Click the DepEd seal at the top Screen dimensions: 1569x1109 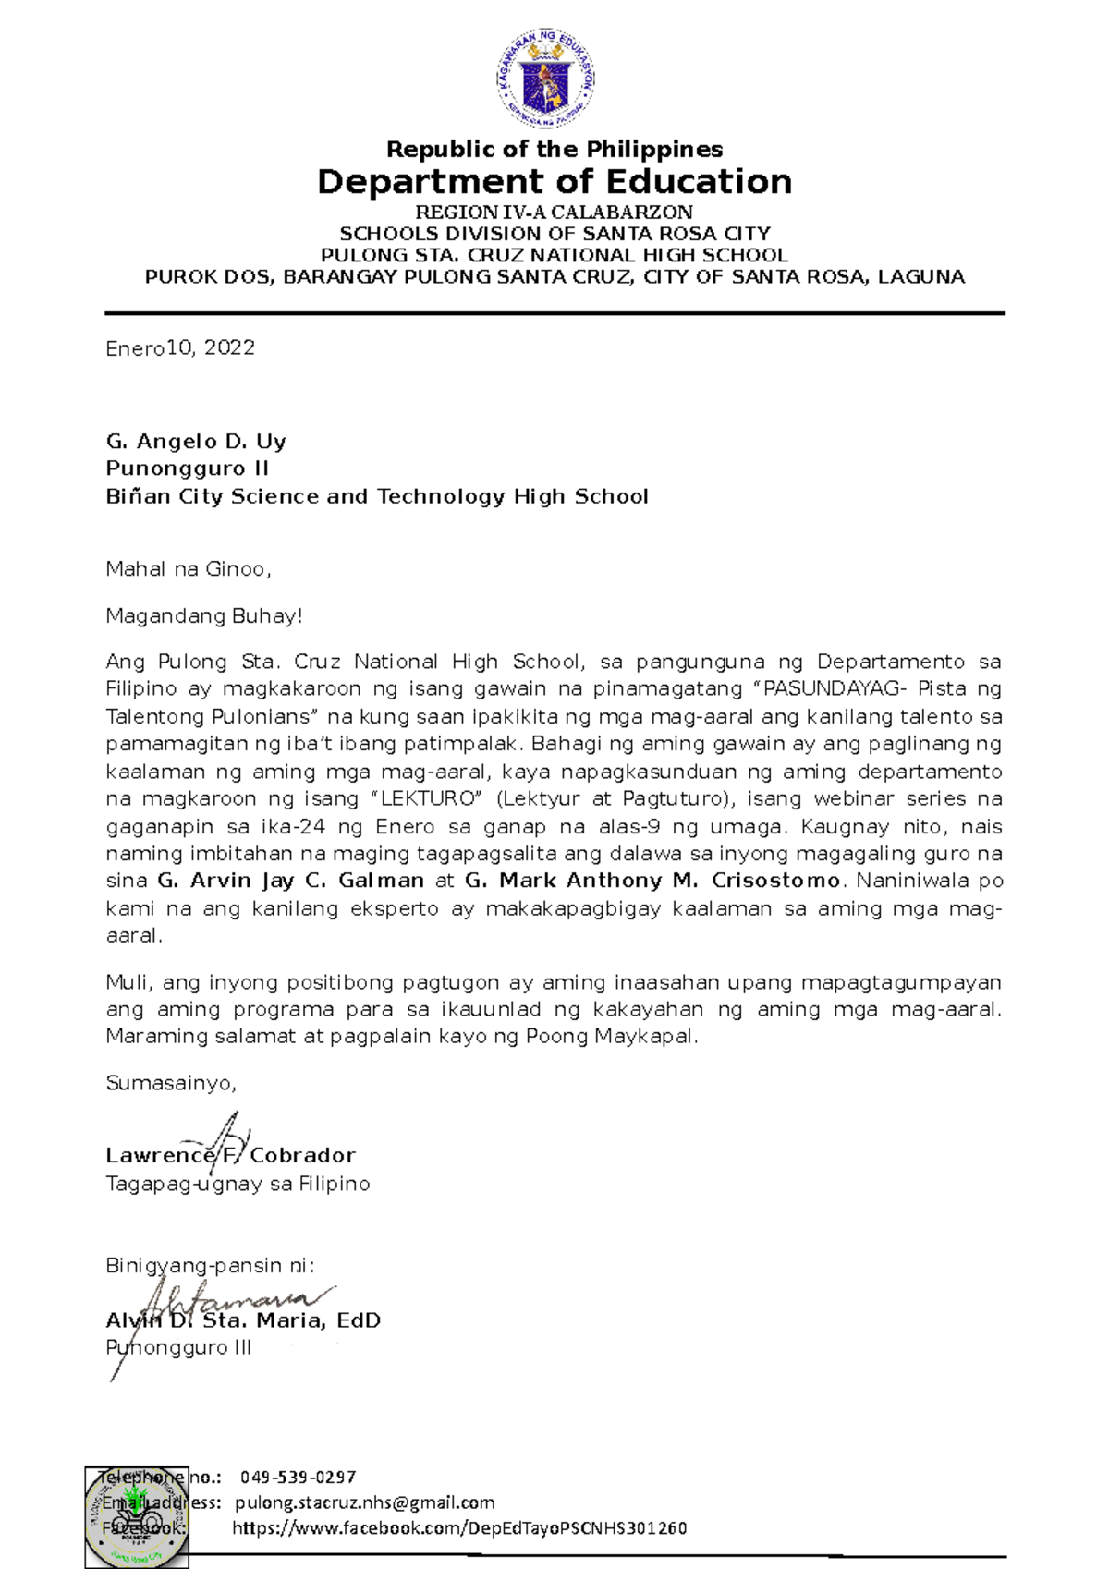pyautogui.click(x=546, y=78)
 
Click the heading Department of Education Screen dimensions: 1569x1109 pyautogui.click(x=554, y=182)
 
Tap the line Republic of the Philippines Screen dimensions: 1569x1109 pyautogui.click(x=554, y=150)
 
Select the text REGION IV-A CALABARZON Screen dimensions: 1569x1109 pyautogui.click(x=554, y=213)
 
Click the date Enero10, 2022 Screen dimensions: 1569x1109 pyautogui.click(x=180, y=348)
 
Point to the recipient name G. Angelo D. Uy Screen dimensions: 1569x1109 pyautogui.click(x=196, y=442)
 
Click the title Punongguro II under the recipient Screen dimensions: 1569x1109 pyautogui.click(x=188, y=468)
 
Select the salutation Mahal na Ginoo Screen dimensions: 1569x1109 pyautogui.click(x=189, y=569)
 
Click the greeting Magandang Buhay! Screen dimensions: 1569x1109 pyautogui.click(x=204, y=616)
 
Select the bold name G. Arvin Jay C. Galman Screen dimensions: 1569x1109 pyautogui.click(x=290, y=881)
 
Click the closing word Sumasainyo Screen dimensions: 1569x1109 pyautogui.click(x=171, y=1083)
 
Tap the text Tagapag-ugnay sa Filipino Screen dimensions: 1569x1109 pyautogui.click(x=238, y=1185)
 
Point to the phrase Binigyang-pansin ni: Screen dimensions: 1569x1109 pyautogui.click(x=211, y=1266)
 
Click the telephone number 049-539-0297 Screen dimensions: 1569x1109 pyautogui.click(x=298, y=1478)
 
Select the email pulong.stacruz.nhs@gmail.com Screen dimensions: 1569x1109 pyautogui.click(x=365, y=1503)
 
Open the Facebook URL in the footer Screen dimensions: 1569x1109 pyautogui.click(x=459, y=1528)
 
